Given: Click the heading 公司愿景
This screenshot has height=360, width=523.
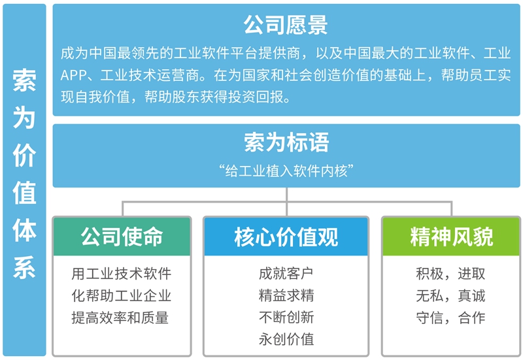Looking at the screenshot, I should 286,25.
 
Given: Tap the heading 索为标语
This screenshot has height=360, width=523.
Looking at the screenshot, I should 286,142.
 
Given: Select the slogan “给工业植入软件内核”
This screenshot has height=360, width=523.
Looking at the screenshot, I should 286,171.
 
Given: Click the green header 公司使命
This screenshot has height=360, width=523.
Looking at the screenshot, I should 122,237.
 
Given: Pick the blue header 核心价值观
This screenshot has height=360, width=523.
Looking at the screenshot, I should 286,237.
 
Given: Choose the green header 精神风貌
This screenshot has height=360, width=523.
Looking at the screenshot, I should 451,237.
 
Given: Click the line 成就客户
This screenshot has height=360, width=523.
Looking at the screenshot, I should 286,274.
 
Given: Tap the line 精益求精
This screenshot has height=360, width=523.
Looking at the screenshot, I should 286,295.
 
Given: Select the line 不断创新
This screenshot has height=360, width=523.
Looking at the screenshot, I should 286,317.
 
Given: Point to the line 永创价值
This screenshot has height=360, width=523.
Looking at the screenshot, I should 286,338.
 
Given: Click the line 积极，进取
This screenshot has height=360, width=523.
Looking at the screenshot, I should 451,274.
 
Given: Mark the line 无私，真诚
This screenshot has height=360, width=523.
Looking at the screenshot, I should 451,295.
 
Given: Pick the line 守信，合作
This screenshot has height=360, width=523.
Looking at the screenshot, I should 451,317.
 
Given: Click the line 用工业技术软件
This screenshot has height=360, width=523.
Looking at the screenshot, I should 122,274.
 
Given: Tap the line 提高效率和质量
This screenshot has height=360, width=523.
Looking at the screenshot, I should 122,317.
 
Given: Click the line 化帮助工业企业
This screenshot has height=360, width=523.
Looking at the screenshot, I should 122,295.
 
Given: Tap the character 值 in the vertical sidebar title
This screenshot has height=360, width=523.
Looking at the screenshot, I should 24,193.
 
